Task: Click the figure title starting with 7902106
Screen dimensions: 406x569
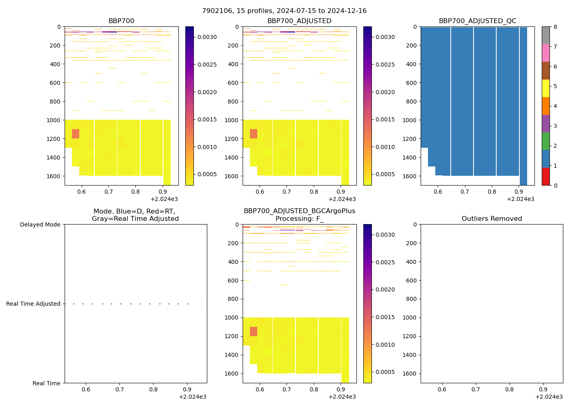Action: [284, 11]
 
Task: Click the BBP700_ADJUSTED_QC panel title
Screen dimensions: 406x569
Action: [477, 21]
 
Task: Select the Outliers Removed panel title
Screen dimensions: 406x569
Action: [491, 219]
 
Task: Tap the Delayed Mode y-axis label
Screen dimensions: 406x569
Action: [40, 225]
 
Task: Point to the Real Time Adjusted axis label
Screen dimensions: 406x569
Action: [33, 304]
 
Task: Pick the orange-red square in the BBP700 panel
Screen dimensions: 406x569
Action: [76, 134]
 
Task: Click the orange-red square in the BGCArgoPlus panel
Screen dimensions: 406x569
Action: [254, 331]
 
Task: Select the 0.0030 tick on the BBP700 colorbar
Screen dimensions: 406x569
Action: [207, 37]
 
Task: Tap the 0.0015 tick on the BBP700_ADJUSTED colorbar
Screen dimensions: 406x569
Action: [385, 119]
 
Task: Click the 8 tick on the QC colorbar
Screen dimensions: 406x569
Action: [555, 27]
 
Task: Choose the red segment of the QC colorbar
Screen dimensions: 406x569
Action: [545, 177]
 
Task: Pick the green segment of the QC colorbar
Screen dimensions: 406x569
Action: [545, 141]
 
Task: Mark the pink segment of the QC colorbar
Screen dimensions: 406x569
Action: [545, 53]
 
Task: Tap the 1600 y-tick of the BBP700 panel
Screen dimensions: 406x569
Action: [53, 176]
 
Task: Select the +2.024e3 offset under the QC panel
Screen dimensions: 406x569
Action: [520, 199]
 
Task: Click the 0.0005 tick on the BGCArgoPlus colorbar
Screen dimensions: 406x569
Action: [385, 372]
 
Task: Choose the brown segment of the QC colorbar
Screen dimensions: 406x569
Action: [545, 71]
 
